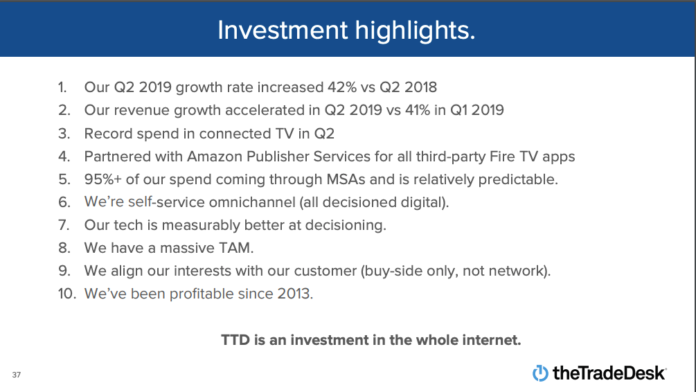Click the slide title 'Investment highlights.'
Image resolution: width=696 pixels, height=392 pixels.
point(346,30)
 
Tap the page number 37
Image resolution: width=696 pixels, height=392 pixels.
point(16,375)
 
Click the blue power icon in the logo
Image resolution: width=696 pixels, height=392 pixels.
point(540,373)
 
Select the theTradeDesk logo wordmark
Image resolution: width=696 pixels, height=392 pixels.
point(609,373)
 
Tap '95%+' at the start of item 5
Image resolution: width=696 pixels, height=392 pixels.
point(102,179)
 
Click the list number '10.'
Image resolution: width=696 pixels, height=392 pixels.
point(66,293)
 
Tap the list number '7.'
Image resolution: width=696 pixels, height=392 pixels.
point(64,224)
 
